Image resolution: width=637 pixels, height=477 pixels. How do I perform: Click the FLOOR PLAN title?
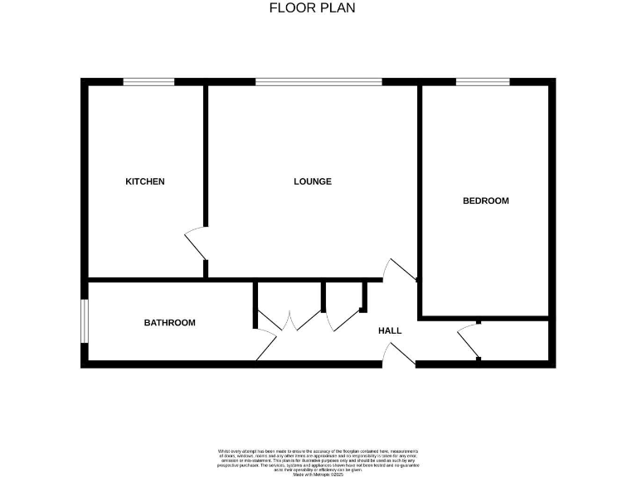tap(313, 8)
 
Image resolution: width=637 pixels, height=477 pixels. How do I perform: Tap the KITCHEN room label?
tap(145, 182)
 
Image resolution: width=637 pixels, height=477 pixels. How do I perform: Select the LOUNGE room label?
tap(313, 182)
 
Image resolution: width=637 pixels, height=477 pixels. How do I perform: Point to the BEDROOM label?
tap(485, 201)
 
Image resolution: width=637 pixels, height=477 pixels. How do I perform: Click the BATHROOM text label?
tap(170, 323)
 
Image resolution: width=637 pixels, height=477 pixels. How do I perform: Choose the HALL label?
tap(390, 331)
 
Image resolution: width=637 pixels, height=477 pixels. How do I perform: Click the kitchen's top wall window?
tap(149, 81)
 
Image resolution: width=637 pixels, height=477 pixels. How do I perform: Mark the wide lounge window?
tap(318, 81)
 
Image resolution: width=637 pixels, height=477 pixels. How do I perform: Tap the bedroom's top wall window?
tap(483, 81)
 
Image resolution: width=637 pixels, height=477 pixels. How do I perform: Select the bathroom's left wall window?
tap(84, 320)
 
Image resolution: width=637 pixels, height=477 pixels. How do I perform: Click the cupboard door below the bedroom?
tap(469, 340)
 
